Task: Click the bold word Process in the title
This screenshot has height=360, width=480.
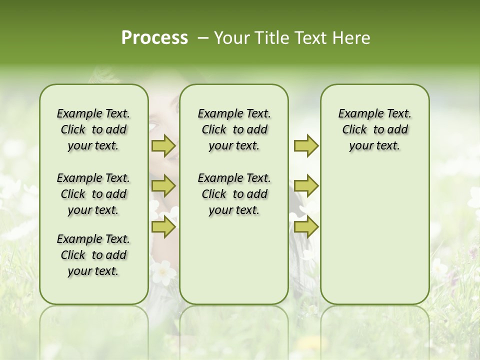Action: [154, 38]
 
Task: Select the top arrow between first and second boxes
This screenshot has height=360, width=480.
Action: [163, 145]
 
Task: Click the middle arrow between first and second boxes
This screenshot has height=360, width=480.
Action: [163, 186]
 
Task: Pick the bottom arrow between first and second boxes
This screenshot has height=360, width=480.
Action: [163, 227]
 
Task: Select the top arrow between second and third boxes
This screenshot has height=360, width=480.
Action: [306, 145]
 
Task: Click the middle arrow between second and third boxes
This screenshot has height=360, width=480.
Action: [306, 186]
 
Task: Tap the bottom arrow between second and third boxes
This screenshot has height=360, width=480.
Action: [306, 227]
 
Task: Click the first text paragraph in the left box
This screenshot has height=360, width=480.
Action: [93, 129]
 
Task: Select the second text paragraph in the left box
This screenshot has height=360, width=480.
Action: [93, 194]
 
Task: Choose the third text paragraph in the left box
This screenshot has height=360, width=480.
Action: [93, 255]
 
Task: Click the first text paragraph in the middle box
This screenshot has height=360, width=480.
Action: [234, 129]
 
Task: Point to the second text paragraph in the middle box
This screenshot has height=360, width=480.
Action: [234, 194]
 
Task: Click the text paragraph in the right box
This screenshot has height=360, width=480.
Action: [374, 129]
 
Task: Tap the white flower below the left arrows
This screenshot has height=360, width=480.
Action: [163, 272]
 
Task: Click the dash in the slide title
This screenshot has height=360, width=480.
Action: [203, 38]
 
